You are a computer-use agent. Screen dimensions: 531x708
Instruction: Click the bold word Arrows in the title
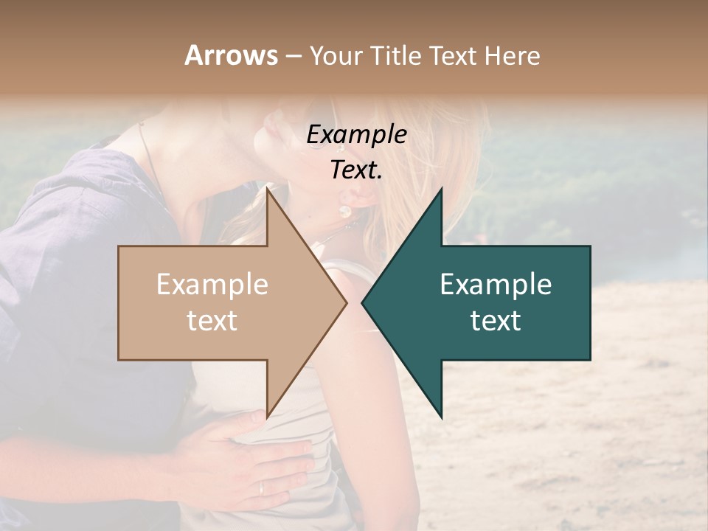pyautogui.click(x=231, y=55)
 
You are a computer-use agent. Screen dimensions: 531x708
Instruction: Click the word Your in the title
pyautogui.click(x=336, y=55)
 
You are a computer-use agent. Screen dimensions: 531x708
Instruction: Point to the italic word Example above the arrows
pyautogui.click(x=356, y=135)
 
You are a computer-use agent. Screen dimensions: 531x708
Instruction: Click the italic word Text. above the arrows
pyautogui.click(x=356, y=170)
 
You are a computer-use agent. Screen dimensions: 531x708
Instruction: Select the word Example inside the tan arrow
pyautogui.click(x=212, y=285)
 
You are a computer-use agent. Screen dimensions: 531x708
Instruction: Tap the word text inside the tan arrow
pyautogui.click(x=212, y=321)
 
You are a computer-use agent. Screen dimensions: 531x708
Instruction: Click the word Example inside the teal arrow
pyautogui.click(x=496, y=285)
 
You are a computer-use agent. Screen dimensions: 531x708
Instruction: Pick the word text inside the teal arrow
pyautogui.click(x=496, y=321)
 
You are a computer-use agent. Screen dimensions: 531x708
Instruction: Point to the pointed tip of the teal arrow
pyautogui.click(x=363, y=302)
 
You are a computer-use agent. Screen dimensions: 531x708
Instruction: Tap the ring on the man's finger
pyautogui.click(x=261, y=487)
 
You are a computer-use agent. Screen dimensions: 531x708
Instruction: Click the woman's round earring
pyautogui.click(x=344, y=212)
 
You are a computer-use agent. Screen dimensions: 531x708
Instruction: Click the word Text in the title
pyautogui.click(x=454, y=55)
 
